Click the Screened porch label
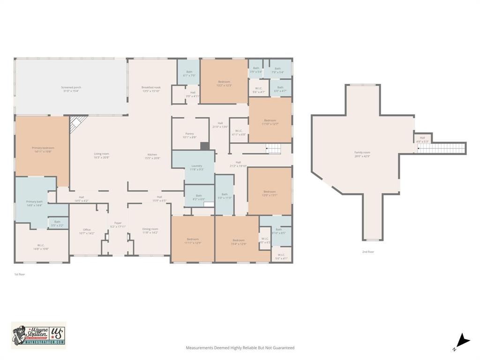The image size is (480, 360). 71,89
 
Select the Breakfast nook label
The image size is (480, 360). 151,89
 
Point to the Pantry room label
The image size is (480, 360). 189,135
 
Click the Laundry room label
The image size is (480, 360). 197,167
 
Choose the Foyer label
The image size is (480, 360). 118,225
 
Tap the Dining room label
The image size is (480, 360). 150,231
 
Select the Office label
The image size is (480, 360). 87,231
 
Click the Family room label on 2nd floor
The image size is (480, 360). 362,154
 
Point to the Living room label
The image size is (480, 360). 101,156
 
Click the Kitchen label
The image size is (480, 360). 152,157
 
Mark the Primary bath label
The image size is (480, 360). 34,203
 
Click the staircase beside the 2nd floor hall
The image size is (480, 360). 442,149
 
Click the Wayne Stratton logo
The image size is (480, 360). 38,335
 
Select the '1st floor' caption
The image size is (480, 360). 19,274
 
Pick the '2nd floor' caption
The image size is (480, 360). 368,252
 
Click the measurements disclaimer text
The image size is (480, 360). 240,348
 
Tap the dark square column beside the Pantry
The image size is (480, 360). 205,146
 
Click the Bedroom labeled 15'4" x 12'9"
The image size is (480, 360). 238,242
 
